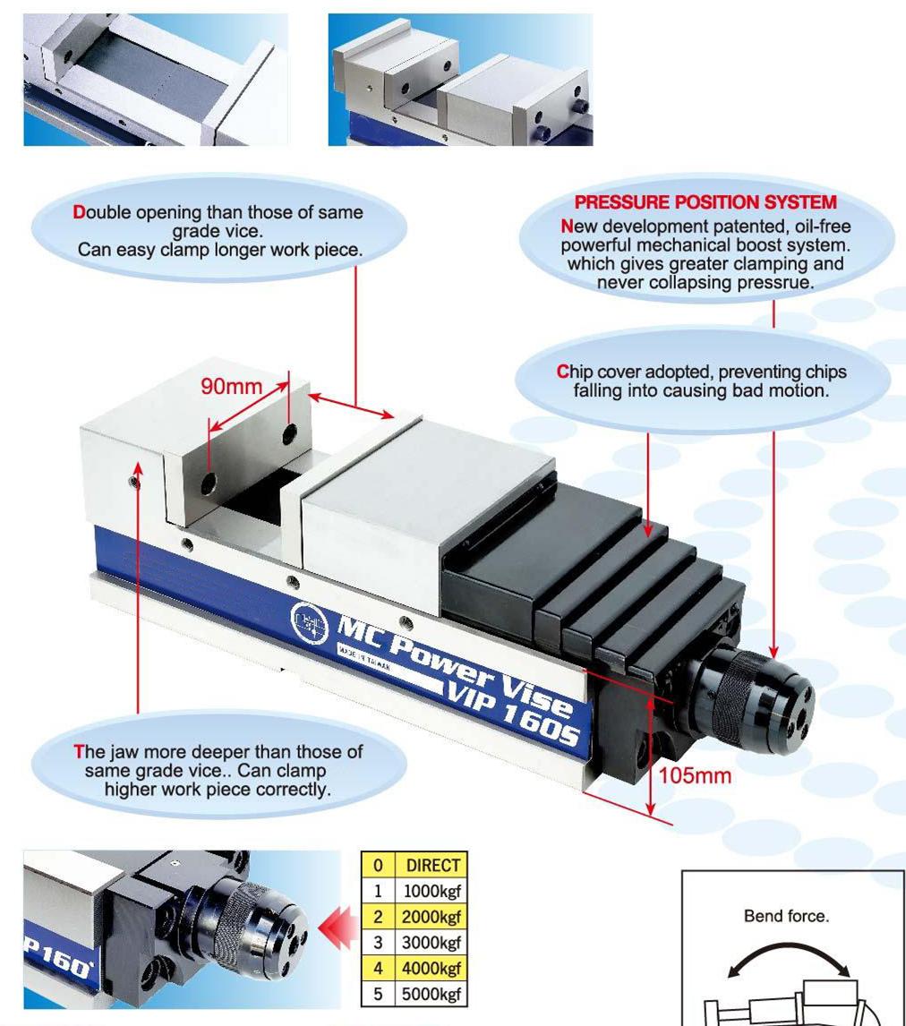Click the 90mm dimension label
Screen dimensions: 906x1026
(x=231, y=386)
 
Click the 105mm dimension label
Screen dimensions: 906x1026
(x=695, y=775)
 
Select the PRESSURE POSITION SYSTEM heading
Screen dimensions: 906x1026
(x=705, y=202)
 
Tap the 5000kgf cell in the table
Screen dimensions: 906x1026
(x=432, y=994)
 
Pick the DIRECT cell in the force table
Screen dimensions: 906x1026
(x=432, y=865)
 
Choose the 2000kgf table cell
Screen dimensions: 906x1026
(x=432, y=917)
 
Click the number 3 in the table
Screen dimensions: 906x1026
(x=378, y=942)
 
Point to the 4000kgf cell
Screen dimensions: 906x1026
(x=432, y=968)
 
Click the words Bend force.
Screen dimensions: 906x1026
(x=786, y=915)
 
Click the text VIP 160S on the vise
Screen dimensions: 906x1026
(x=514, y=713)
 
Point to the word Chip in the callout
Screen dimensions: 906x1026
(x=575, y=372)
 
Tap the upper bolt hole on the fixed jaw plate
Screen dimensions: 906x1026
(x=288, y=433)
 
